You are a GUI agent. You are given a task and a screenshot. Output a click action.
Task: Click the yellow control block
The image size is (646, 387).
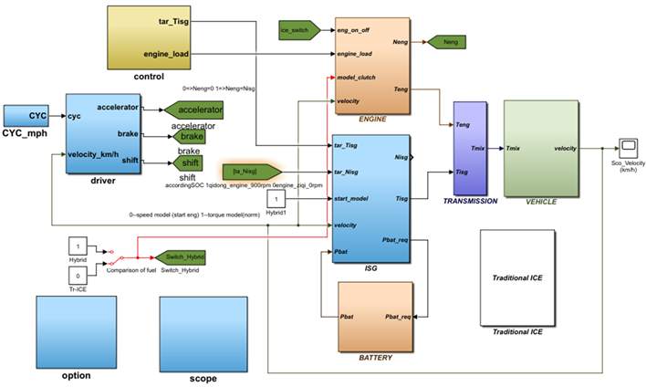click(149, 37)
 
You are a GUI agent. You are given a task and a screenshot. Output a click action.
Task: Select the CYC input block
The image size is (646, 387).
click(30, 117)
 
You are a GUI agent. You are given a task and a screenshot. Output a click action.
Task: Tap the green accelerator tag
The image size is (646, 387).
click(194, 110)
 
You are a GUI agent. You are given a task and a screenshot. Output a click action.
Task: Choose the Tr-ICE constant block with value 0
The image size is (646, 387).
click(79, 275)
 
